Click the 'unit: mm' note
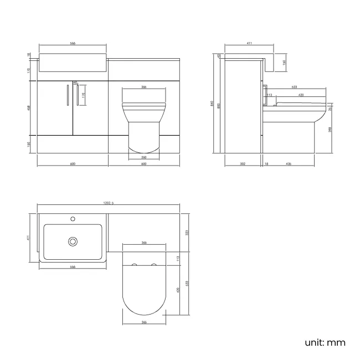[x=325, y=342]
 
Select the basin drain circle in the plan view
[x=73, y=241]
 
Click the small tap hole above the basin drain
[x=73, y=219]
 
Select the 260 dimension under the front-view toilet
[x=143, y=157]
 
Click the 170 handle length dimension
[x=84, y=95]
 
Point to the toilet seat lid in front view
[x=143, y=103]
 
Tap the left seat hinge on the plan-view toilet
[x=133, y=266]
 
